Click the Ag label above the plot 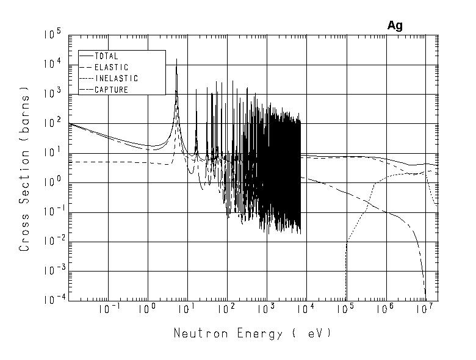pyautogui.click(x=395, y=26)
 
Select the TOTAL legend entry pyautogui.click(x=106, y=56)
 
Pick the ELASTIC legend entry pyautogui.click(x=111, y=67)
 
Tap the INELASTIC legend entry pyautogui.click(x=116, y=79)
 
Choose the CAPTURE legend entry pyautogui.click(x=111, y=90)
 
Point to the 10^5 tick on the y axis pyautogui.click(x=52, y=35)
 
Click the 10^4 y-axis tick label pyautogui.click(x=52, y=65)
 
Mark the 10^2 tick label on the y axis pyautogui.click(x=52, y=124)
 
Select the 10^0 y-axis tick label pyautogui.click(x=52, y=183)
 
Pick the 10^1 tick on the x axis pyautogui.click(x=187, y=310)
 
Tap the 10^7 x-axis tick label pyautogui.click(x=424, y=310)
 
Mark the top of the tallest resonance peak pyautogui.click(x=176, y=59)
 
